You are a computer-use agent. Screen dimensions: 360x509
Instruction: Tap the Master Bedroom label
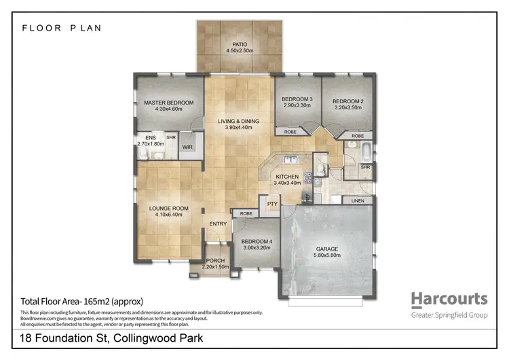tap(169, 103)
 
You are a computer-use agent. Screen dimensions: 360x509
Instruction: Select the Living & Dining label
tap(239, 121)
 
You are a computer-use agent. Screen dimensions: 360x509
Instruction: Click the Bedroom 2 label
tap(348, 102)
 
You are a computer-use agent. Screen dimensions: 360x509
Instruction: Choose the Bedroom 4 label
tap(257, 241)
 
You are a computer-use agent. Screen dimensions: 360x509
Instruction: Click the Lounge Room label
tap(169, 209)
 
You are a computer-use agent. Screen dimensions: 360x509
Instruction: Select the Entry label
tap(219, 224)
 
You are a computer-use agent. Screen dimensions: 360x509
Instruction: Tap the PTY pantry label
tap(272, 204)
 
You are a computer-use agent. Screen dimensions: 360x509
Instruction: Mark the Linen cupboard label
tap(357, 202)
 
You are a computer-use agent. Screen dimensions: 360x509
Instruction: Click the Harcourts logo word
tap(449, 299)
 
